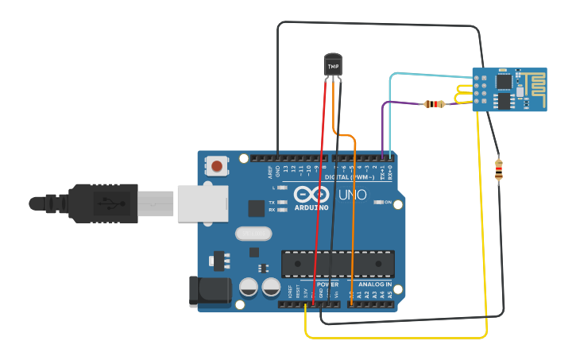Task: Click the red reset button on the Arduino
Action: click(216, 165)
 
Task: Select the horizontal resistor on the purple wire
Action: click(434, 104)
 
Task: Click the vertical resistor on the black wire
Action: click(498, 170)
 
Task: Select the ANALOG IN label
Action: click(373, 284)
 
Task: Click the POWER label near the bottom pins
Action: click(327, 284)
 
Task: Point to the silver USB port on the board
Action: click(202, 203)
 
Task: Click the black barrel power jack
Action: click(208, 291)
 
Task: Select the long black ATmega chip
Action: click(338, 264)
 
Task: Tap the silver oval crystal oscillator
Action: click(254, 234)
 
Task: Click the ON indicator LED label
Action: click(388, 203)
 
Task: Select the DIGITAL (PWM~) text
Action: click(347, 177)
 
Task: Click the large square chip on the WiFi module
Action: click(504, 81)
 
